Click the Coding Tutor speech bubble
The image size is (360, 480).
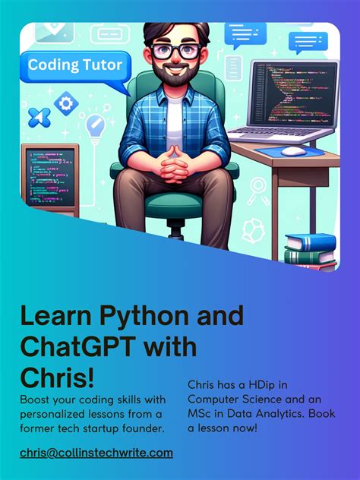coord(74,65)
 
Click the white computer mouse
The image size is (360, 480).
coord(290,150)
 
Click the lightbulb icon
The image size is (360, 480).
coord(95,128)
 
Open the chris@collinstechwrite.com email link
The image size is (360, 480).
coord(96,453)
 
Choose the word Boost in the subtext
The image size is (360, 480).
coord(37,399)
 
